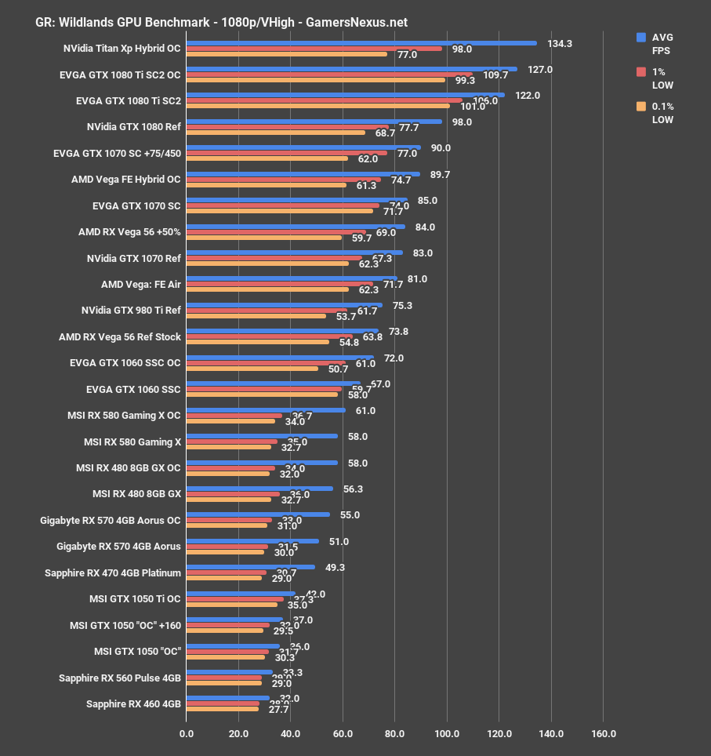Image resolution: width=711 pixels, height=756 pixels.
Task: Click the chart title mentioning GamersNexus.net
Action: click(222, 22)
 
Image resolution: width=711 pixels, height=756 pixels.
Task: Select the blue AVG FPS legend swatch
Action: click(641, 37)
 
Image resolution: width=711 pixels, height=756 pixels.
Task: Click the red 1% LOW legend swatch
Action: click(641, 72)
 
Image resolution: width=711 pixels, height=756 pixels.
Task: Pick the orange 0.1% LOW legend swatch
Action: click(641, 107)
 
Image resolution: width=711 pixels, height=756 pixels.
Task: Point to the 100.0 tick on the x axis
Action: click(447, 734)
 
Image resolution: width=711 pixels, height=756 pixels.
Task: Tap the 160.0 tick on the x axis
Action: click(603, 734)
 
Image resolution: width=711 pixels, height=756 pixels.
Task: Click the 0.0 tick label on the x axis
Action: click(187, 734)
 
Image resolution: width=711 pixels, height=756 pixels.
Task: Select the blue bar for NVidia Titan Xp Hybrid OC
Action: click(361, 43)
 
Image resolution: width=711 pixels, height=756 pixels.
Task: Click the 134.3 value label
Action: click(560, 44)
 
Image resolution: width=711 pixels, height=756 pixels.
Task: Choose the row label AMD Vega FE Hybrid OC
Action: click(125, 180)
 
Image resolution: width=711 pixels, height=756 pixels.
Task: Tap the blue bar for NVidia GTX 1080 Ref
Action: click(314, 122)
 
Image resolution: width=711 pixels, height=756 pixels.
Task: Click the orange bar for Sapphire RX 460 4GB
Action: click(222, 709)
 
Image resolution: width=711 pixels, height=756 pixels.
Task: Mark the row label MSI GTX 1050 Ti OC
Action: click(135, 599)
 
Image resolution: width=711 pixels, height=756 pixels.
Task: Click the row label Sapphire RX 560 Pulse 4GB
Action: click(120, 678)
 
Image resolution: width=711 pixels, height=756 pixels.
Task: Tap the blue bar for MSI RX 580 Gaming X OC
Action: click(266, 410)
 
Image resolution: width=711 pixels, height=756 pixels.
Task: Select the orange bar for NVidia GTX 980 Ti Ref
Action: click(256, 317)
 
